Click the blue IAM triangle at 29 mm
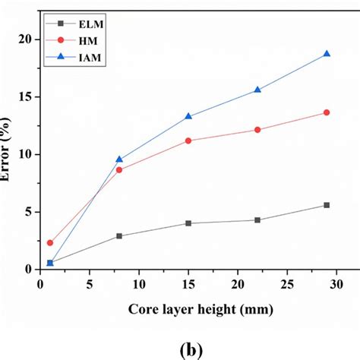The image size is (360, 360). (327, 54)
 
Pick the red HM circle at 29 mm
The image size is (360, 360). (327, 112)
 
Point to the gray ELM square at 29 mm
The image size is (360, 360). (327, 205)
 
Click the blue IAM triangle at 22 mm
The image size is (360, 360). (257, 90)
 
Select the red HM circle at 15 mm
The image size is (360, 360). (188, 141)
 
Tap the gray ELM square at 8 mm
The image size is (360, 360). (119, 236)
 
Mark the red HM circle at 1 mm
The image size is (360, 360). (50, 243)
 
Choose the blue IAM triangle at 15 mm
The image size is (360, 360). (188, 116)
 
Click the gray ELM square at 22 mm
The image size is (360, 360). (257, 220)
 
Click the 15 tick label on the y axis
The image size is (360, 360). (27, 96)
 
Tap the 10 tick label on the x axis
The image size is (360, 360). (139, 283)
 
